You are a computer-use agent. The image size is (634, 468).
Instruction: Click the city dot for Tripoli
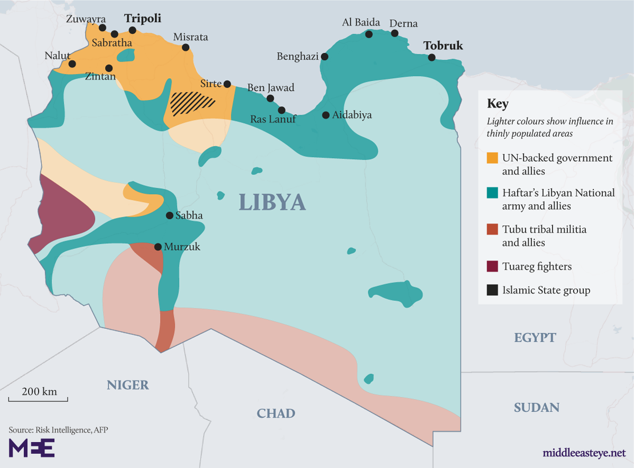coord(133,30)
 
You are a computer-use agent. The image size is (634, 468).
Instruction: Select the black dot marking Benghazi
coord(324,57)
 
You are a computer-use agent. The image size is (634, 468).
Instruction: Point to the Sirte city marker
coord(227,84)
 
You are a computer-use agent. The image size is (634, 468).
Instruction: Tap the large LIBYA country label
coord(272,202)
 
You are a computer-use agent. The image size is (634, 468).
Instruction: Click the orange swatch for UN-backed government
coord(492,158)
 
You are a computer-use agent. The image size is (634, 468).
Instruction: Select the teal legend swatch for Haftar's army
coord(492,193)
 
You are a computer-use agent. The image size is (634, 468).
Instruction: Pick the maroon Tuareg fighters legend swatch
coord(492,267)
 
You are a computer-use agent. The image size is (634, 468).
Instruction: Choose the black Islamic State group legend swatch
coord(492,290)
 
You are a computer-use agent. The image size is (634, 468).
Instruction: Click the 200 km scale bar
coord(38,398)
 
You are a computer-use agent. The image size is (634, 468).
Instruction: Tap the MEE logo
coord(31,447)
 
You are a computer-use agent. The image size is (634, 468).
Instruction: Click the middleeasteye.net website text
coord(584,453)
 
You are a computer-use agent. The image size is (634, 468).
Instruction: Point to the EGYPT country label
coord(535,337)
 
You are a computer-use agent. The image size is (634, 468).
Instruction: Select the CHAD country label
coord(276,413)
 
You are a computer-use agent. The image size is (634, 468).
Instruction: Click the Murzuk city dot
coord(157,247)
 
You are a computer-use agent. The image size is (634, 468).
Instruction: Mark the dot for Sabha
coord(170,215)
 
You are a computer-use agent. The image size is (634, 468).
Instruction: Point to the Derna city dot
coord(395,33)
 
